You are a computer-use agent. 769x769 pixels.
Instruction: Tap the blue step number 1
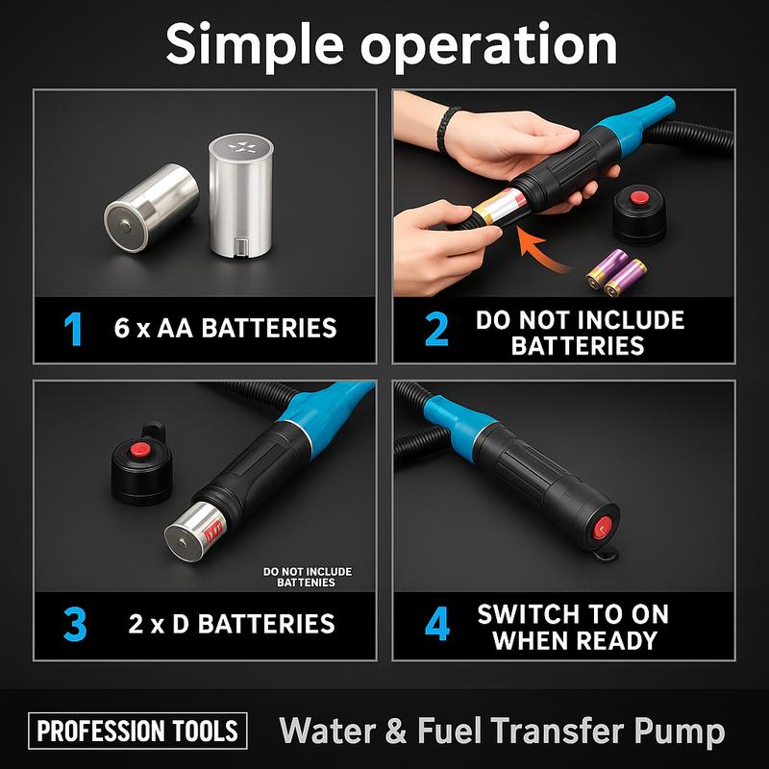72,328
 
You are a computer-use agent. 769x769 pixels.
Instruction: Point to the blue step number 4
436,624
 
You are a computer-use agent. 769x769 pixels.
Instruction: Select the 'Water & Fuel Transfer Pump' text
502,732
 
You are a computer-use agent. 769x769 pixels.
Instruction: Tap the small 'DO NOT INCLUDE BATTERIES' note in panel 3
307,577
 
